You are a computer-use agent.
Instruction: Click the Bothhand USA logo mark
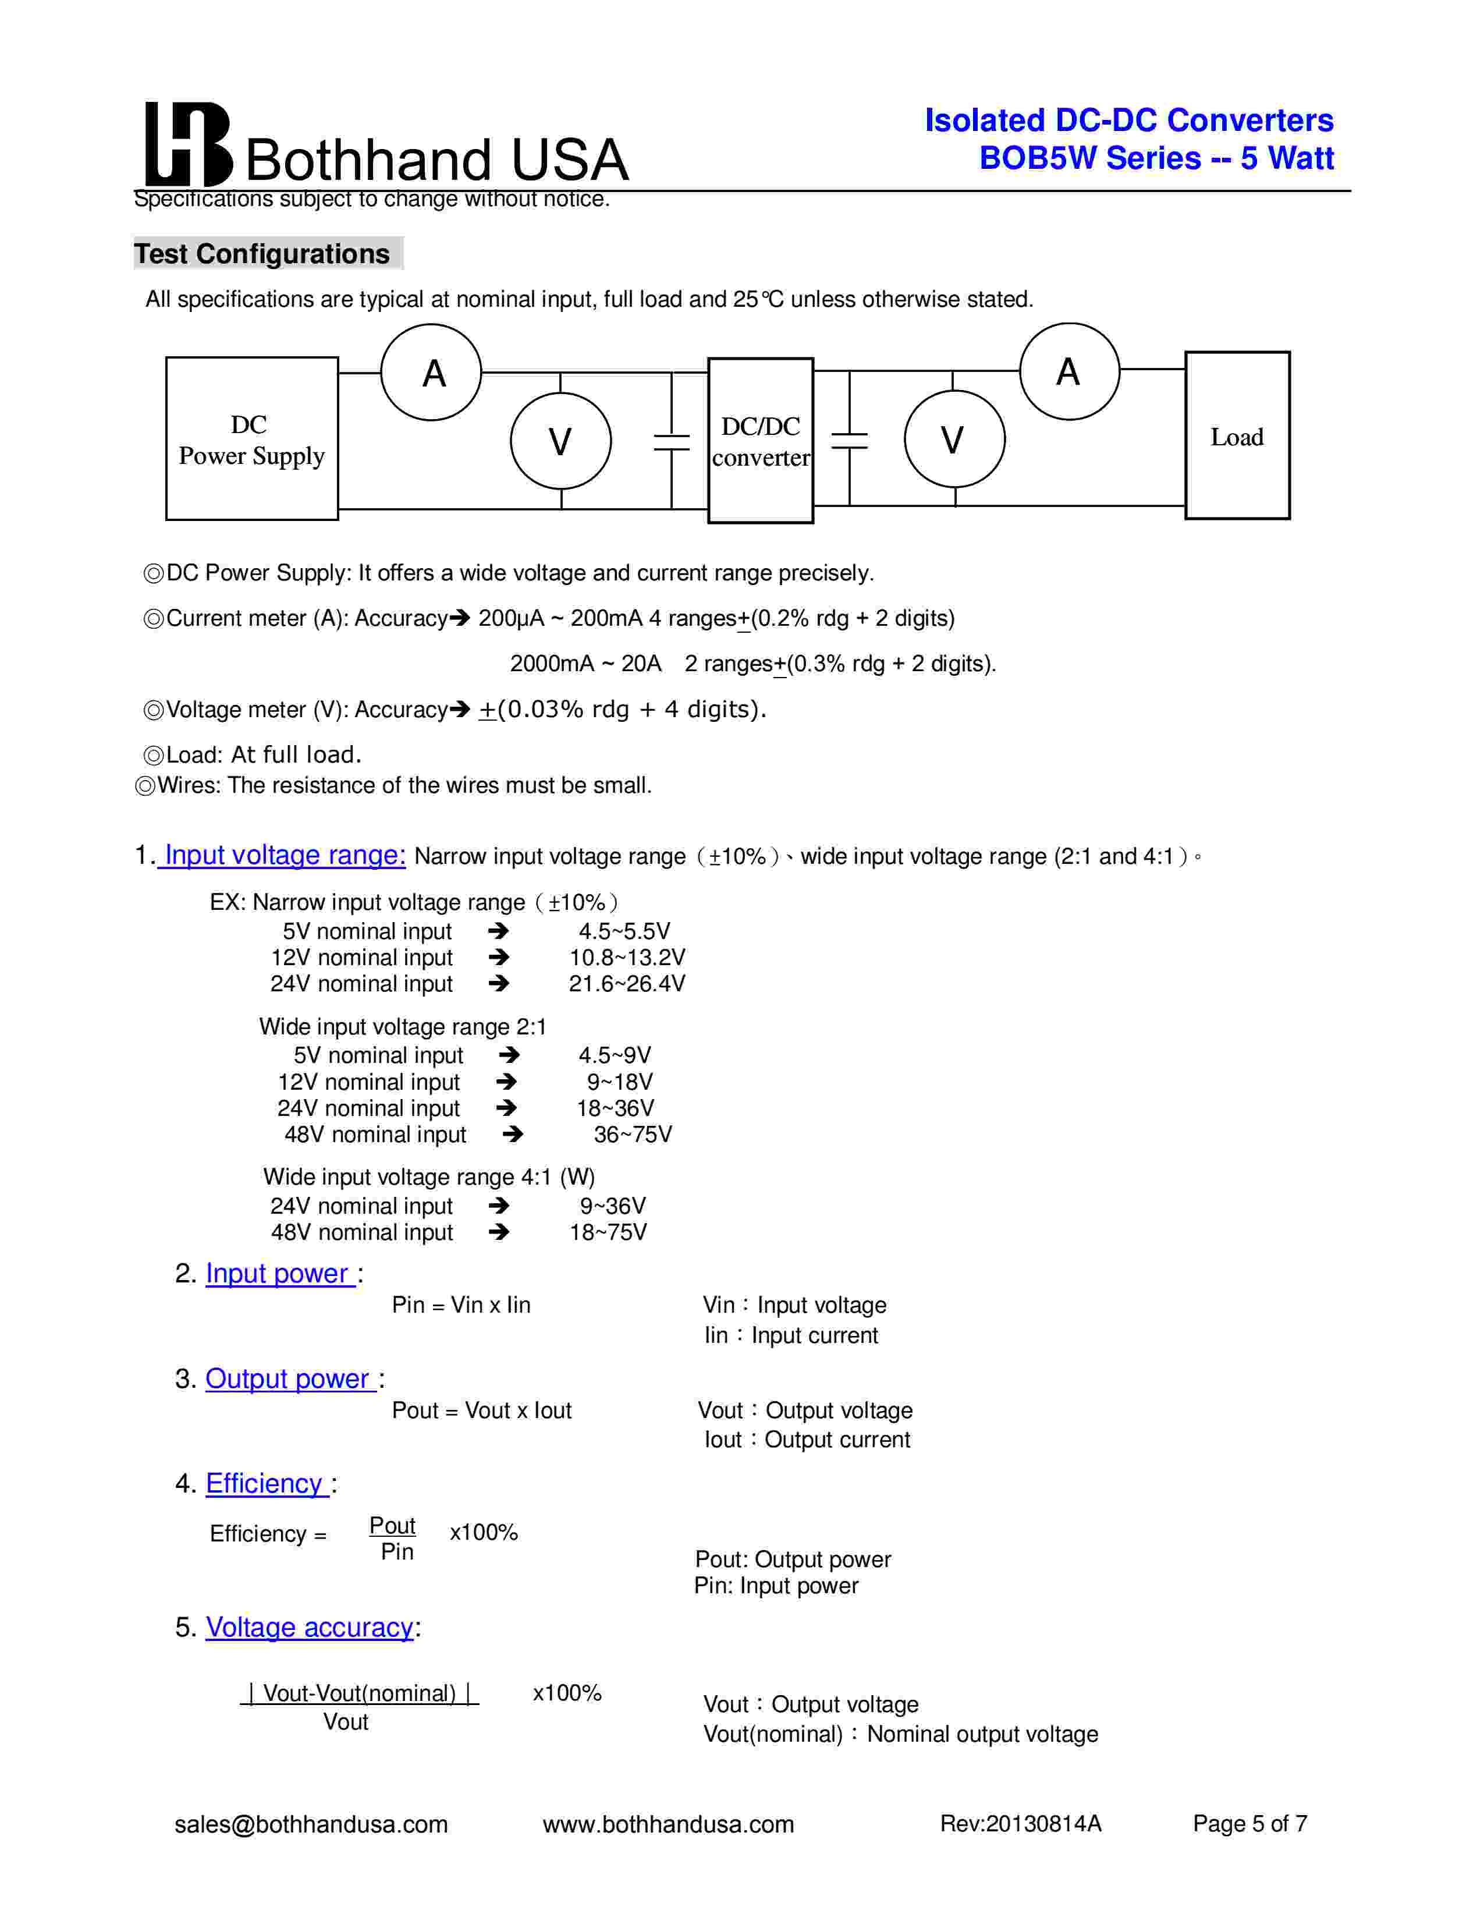pyautogui.click(x=187, y=143)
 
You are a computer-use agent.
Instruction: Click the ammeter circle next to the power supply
pyautogui.click(x=431, y=372)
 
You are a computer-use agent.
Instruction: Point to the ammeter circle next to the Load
pyautogui.click(x=1069, y=371)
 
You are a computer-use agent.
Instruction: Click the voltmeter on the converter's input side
pyautogui.click(x=561, y=441)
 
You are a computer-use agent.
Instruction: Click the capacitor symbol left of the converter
pyautogui.click(x=672, y=441)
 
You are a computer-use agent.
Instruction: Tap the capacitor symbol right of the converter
pyautogui.click(x=849, y=440)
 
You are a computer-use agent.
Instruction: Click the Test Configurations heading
pyautogui.click(x=262, y=253)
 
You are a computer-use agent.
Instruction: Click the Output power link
pyautogui.click(x=287, y=1378)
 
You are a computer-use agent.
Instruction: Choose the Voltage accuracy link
pyautogui.click(x=310, y=1627)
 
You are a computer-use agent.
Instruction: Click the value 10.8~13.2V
pyautogui.click(x=627, y=957)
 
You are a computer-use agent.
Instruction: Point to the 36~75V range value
pyautogui.click(x=632, y=1135)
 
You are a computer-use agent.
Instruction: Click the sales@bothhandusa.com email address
pyautogui.click(x=311, y=1824)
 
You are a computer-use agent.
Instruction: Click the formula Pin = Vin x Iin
pyautogui.click(x=461, y=1305)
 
